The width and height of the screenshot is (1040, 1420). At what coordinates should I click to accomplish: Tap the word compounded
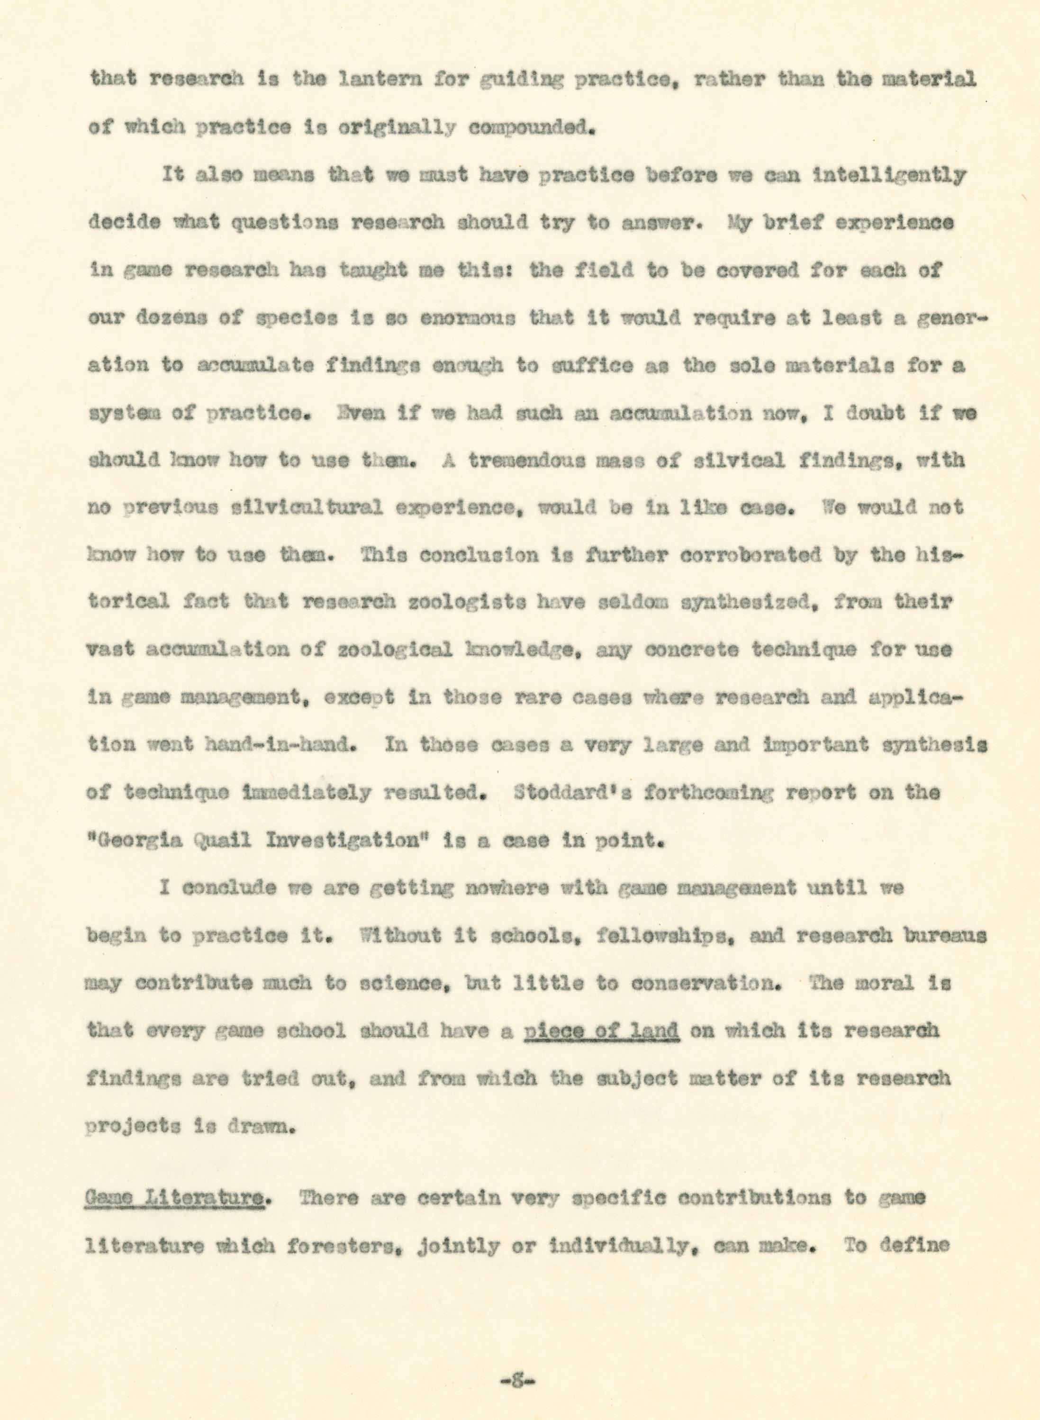pos(531,128)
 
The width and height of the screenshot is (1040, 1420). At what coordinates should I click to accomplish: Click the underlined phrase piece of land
pos(601,1031)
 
